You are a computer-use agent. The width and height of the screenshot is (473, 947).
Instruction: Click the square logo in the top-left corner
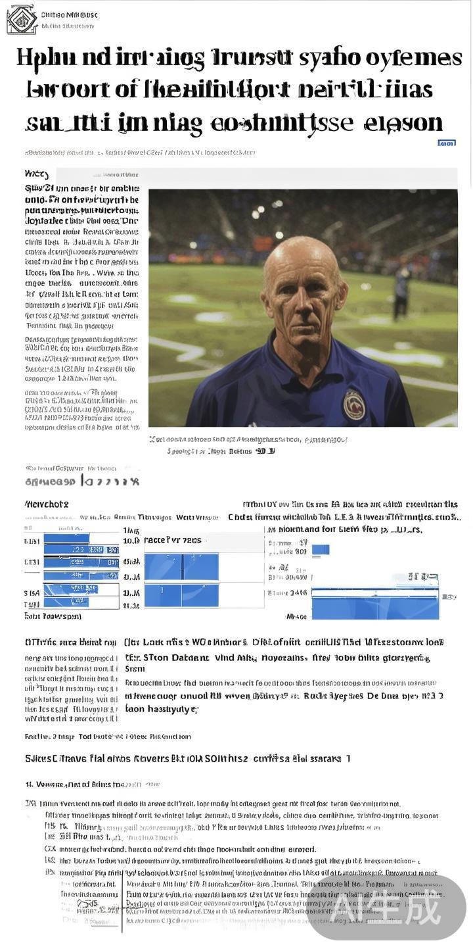point(21,19)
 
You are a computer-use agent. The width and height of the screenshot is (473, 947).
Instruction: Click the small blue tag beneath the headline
point(447,142)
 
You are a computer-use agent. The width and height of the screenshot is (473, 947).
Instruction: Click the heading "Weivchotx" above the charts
point(46,504)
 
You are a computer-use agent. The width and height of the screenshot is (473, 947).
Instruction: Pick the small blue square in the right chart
point(321,549)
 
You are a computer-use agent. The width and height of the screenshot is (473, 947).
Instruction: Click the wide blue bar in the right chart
point(375,603)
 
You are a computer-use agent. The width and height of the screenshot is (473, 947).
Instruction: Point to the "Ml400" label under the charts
point(297,617)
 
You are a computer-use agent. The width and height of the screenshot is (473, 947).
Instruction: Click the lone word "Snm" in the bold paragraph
point(134,669)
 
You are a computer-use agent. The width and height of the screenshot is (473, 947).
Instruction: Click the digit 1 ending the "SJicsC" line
point(348,758)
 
